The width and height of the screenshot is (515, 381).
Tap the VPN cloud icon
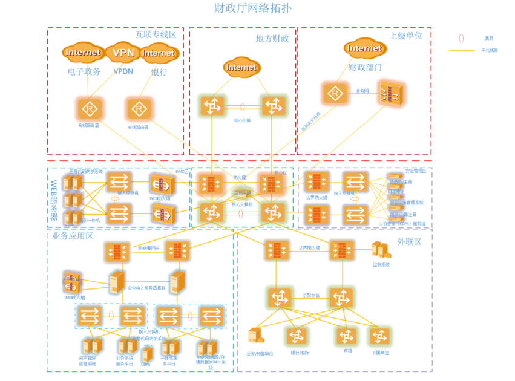point(123,53)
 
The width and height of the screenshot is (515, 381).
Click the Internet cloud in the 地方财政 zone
point(241,67)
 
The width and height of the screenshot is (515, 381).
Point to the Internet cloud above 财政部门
point(364,48)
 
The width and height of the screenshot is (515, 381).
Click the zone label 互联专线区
point(156,34)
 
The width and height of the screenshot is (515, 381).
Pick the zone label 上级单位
point(406,36)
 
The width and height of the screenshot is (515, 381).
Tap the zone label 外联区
point(409,241)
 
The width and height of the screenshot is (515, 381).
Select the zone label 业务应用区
point(73,235)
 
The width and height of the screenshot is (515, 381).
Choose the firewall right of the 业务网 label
point(390,94)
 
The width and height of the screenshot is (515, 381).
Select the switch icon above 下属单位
point(380,336)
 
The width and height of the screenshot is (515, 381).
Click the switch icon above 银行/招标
point(296,336)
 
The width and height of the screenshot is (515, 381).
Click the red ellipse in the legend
point(461,38)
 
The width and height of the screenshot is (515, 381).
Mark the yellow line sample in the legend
point(464,50)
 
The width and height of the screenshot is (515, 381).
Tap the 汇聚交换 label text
point(311,295)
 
